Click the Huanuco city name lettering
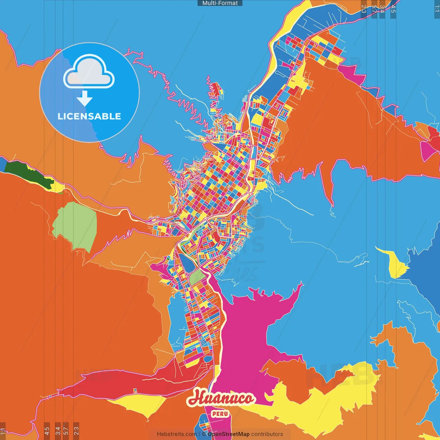click(x=221, y=398)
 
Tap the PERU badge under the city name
click(x=220, y=414)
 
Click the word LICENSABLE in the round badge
click(x=89, y=116)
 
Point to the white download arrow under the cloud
click(x=85, y=99)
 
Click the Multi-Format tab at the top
click(x=220, y=3)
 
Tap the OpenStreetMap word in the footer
click(x=228, y=434)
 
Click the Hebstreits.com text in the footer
click(x=177, y=434)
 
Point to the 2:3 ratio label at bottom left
click(x=76, y=430)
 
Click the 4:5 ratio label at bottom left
click(x=47, y=430)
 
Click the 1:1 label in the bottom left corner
click(x=3, y=430)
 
